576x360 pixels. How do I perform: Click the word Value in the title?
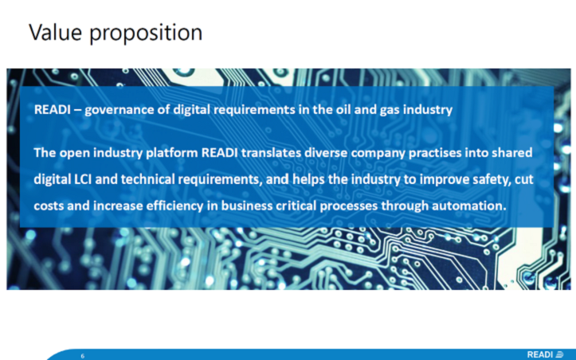(56, 32)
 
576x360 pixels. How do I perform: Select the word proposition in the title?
(146, 33)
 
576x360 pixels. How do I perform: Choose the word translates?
(271, 152)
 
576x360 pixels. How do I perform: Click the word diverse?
(326, 152)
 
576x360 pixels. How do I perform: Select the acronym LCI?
(83, 179)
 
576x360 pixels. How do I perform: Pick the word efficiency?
(174, 206)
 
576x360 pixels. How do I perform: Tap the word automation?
(468, 205)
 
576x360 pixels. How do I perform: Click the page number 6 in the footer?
(82, 355)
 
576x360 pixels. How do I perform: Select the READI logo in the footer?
(546, 354)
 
